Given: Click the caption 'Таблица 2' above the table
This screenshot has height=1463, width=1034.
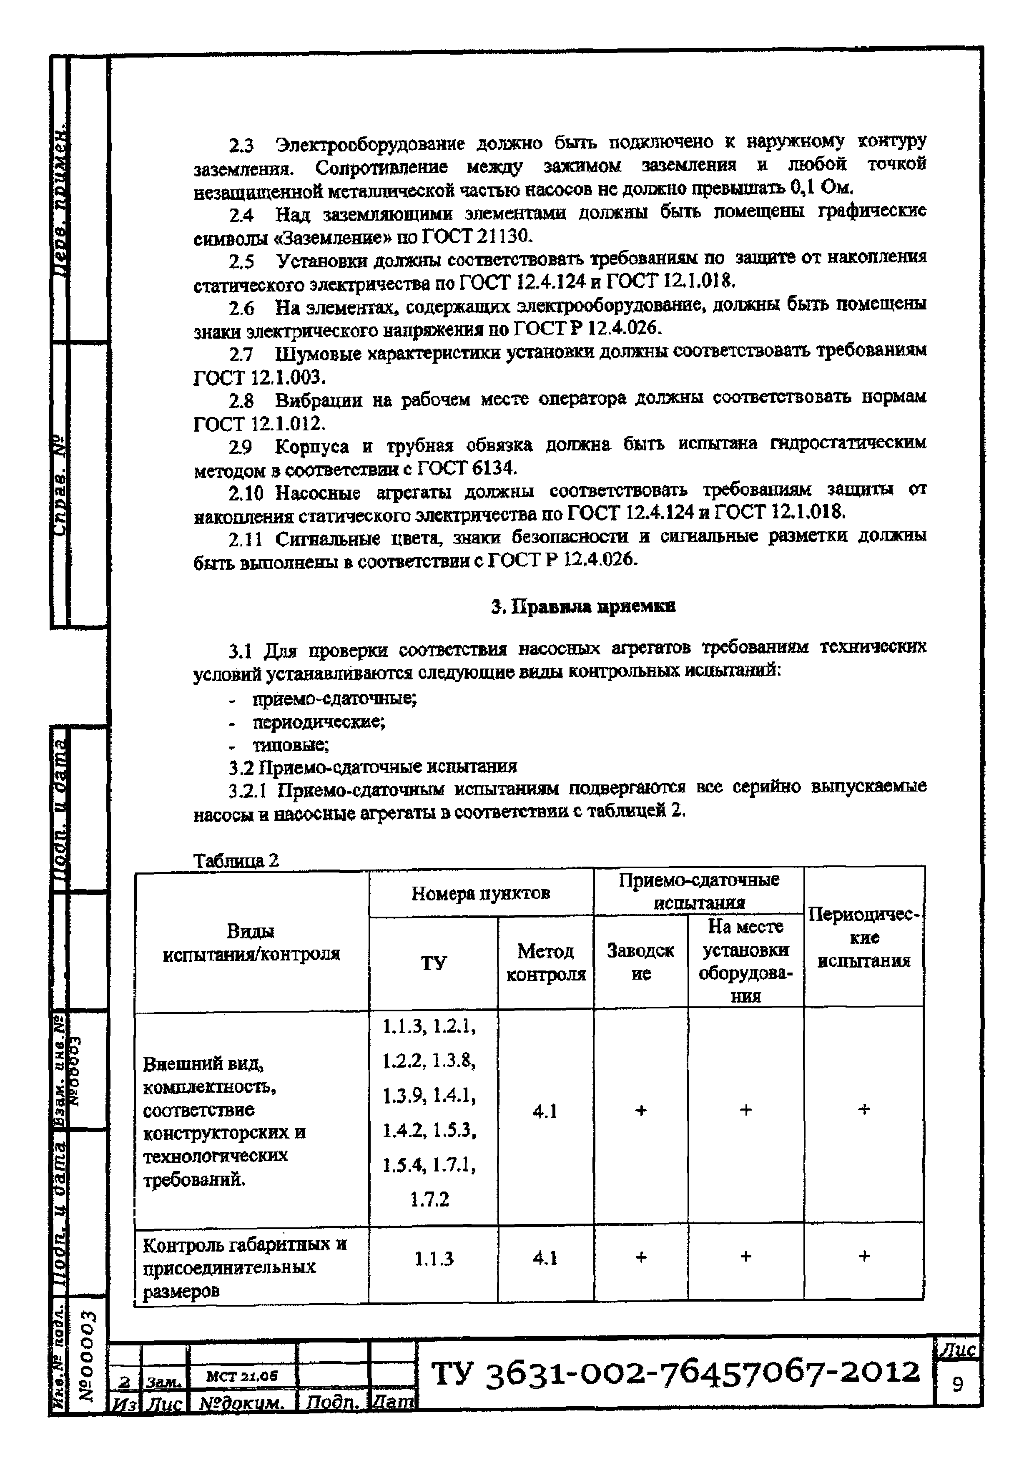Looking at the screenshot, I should [236, 860].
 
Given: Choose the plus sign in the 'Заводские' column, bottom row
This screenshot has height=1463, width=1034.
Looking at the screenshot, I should [641, 1257].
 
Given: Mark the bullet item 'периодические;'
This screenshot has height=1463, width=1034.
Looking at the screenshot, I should [319, 722].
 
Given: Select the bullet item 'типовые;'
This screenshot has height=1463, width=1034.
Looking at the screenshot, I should [291, 744].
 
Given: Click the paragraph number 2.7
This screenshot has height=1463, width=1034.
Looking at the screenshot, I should [241, 354].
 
